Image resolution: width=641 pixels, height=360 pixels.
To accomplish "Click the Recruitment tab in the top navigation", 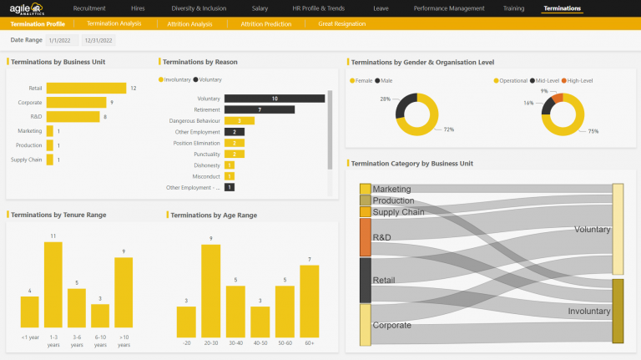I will click(89, 8).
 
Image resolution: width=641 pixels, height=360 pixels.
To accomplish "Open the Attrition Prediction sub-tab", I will click(266, 24).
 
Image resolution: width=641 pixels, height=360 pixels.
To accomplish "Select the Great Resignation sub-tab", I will click(341, 24).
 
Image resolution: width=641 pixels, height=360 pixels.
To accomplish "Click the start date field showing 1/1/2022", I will click(62, 40).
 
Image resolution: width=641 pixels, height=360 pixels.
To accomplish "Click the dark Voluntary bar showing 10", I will click(274, 99).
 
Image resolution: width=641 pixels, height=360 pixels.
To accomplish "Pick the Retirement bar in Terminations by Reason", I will click(259, 109).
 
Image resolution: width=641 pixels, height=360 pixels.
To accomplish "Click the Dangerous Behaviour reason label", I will click(194, 121).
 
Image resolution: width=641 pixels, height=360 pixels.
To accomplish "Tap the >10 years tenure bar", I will click(124, 292).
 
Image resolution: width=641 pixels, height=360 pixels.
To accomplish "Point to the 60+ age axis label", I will click(309, 343).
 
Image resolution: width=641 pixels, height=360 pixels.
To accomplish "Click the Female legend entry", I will click(362, 81).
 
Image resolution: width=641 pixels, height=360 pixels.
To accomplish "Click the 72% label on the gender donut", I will click(448, 129).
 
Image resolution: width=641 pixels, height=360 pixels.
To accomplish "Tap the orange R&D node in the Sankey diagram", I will click(366, 237).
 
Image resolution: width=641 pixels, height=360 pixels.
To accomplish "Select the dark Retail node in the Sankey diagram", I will click(366, 280).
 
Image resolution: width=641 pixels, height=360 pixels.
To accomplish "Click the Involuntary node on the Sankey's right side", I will click(618, 311).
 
